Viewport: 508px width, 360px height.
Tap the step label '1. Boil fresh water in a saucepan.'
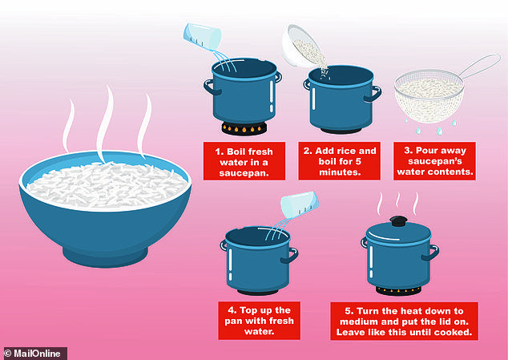(x=244, y=161)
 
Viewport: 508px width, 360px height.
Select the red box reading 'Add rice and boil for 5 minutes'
(x=339, y=161)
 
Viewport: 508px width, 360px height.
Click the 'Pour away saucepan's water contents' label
(x=434, y=161)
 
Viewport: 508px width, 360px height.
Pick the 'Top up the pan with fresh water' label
(x=259, y=321)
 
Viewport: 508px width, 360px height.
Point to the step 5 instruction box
(x=404, y=321)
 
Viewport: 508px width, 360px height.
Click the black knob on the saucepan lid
(x=398, y=221)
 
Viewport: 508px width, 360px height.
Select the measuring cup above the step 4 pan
(x=300, y=205)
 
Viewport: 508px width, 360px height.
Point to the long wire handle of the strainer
(x=480, y=66)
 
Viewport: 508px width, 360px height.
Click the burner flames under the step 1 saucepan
(x=244, y=129)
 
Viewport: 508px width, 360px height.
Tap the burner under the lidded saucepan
(x=398, y=290)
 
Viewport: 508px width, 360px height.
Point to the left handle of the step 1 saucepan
(x=211, y=87)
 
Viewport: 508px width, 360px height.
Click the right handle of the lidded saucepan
(x=430, y=253)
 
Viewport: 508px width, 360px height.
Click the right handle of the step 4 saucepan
(x=290, y=256)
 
